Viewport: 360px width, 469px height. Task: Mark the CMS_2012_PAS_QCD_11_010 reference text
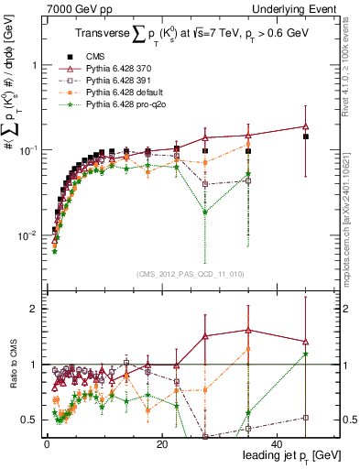(189, 272)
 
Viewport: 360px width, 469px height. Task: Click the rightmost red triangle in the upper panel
(306, 126)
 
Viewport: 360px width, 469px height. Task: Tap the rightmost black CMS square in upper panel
(306, 136)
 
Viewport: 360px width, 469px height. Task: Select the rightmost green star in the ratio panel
(306, 354)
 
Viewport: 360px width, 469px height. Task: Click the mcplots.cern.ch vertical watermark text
(351, 229)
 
